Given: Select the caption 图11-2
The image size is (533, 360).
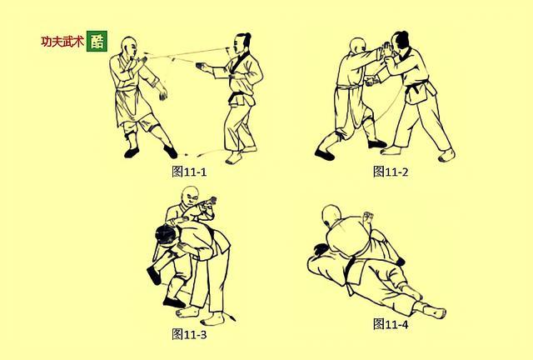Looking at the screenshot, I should click(390, 172).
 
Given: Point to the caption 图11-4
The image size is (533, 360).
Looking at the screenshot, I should click(390, 323).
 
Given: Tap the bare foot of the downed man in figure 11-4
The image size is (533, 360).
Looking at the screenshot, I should click(433, 310).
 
